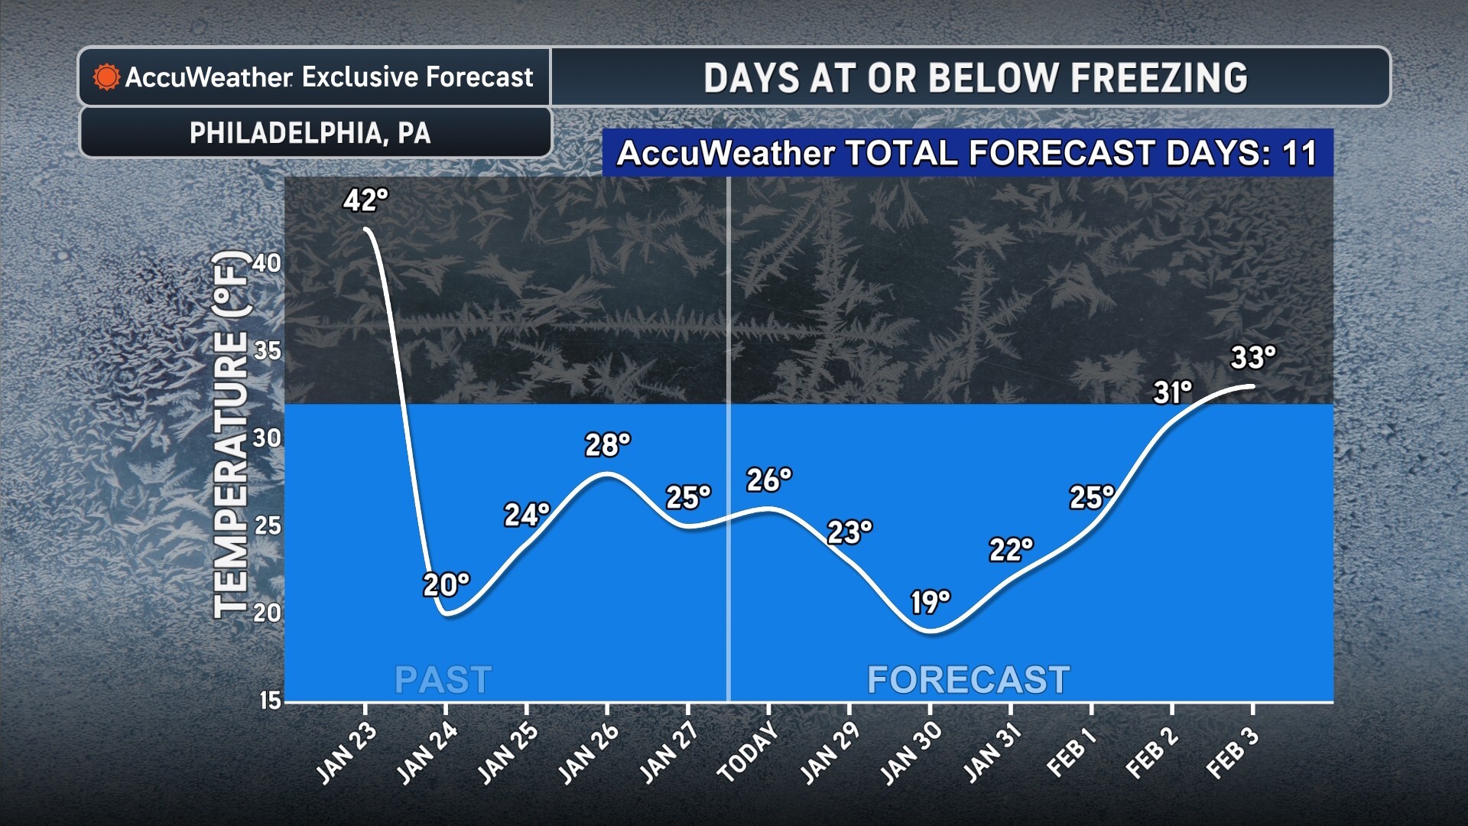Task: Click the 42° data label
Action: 365,200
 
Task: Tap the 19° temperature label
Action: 930,603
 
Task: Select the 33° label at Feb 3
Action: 1253,357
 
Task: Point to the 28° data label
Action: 608,444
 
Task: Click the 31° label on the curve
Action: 1172,392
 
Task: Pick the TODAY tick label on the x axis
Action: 748,753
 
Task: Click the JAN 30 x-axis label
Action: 911,754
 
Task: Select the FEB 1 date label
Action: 1072,753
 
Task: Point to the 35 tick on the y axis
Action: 267,351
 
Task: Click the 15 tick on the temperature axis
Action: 270,701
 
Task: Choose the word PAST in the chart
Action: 443,680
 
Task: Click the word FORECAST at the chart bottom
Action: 968,680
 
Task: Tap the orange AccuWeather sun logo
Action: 106,77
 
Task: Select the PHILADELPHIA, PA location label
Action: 310,133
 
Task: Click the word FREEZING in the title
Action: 1159,78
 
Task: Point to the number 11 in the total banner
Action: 1300,153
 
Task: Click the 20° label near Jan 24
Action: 446,585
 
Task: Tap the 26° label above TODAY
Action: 768,480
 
